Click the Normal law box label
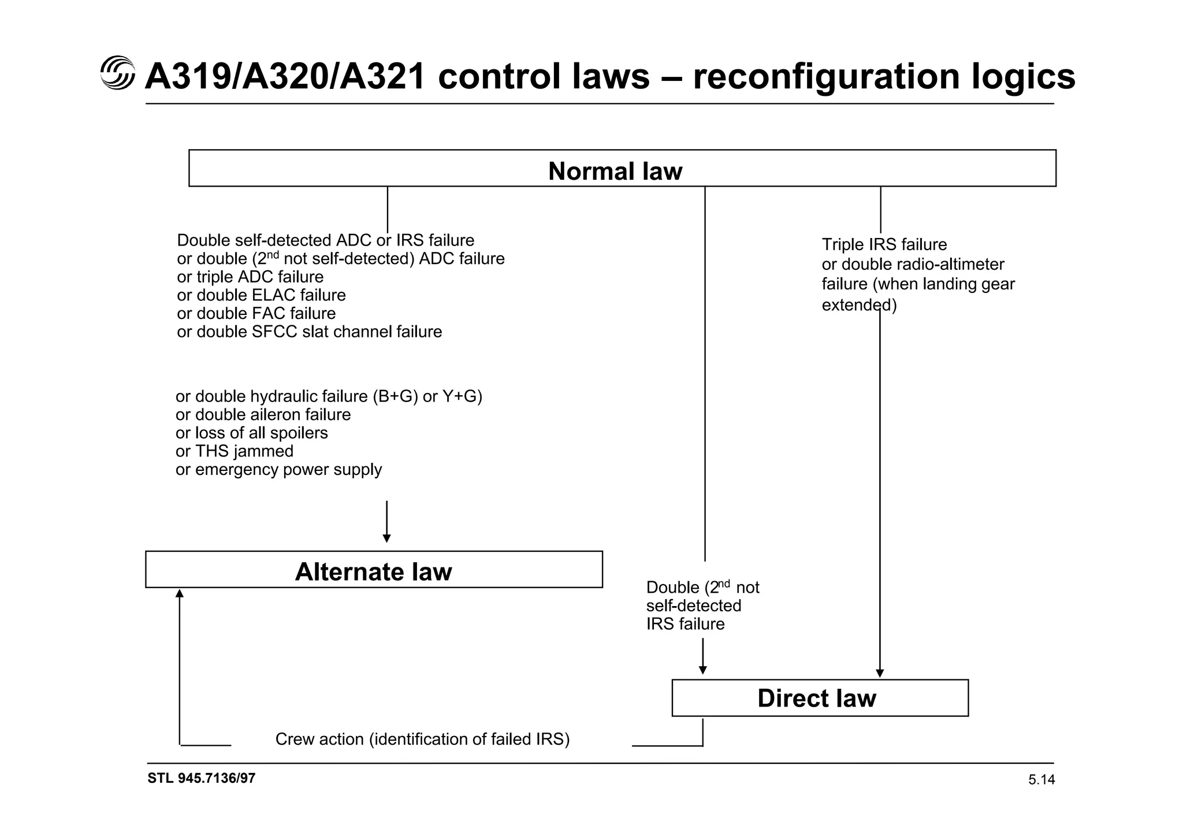point(615,171)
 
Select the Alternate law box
point(373,571)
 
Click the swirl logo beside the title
point(117,73)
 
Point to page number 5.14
point(1041,780)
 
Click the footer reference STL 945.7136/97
point(201,778)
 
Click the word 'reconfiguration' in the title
point(826,76)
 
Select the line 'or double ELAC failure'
point(261,295)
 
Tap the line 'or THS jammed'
point(234,451)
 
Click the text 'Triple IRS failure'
point(884,244)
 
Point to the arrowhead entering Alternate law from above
point(386,538)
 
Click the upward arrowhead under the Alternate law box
point(180,593)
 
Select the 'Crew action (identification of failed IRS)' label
point(422,739)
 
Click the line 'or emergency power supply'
point(278,470)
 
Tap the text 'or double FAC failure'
point(256,313)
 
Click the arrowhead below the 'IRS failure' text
point(702,670)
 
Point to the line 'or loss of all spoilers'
point(251,433)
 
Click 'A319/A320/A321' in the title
point(286,76)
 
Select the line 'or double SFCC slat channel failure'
point(309,332)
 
